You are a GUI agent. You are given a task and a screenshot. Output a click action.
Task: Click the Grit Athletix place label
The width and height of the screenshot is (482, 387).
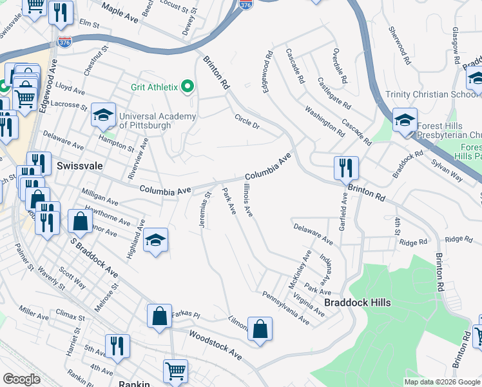tap(155, 86)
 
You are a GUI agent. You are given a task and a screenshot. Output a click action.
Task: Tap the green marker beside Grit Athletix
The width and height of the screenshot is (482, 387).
tap(188, 86)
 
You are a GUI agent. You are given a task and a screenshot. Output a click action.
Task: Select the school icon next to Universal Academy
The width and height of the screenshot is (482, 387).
tap(102, 115)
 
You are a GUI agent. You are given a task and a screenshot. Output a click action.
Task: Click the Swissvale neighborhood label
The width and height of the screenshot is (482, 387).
tap(79, 166)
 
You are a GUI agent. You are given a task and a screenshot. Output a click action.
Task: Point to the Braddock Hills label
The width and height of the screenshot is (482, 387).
tap(356, 302)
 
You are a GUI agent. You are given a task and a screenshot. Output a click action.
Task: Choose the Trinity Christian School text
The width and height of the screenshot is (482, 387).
tap(426, 95)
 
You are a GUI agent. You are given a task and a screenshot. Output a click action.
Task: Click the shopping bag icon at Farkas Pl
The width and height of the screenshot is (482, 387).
tap(159, 317)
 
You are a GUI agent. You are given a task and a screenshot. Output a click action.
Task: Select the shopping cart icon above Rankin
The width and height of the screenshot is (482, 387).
tap(175, 372)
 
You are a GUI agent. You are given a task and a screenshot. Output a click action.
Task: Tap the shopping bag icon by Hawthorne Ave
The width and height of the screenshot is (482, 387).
tap(80, 221)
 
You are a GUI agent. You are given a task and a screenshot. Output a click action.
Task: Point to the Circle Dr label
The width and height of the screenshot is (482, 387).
tap(247, 121)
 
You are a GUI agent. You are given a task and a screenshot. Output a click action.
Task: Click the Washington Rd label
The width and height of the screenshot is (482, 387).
tap(325, 121)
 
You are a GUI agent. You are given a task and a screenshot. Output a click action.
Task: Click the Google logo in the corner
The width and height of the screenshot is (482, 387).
tap(21, 379)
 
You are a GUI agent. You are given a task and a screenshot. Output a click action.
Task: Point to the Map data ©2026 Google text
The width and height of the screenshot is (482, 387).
tap(441, 382)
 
